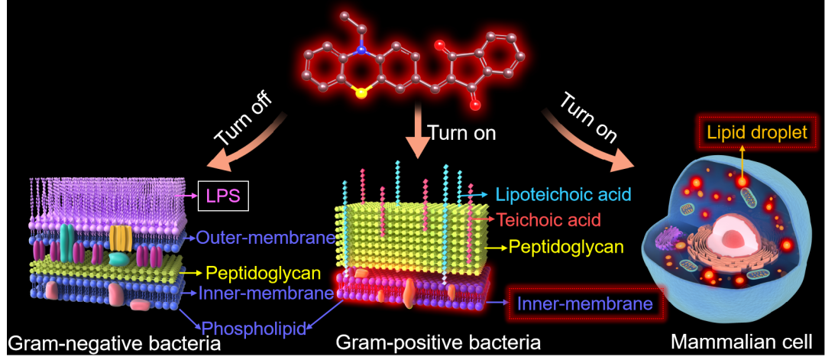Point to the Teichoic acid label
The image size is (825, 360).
[x=548, y=221]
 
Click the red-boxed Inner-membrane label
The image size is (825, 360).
[x=585, y=304]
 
